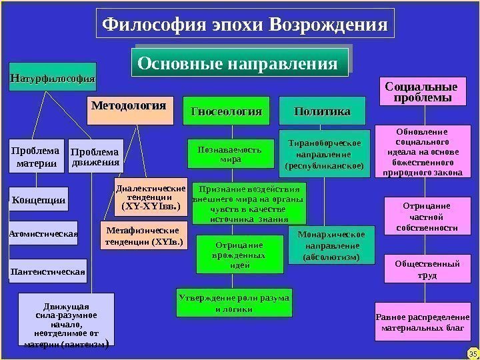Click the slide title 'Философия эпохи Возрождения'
coord(245,25)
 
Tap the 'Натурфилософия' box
coord(52,78)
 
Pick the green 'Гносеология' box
coord(226,111)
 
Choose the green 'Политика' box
coord(322,111)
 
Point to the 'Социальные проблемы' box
coord(421,92)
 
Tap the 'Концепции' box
coord(39,199)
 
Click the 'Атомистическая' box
coord(43,233)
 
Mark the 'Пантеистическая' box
coord(48,271)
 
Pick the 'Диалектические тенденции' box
coord(151,197)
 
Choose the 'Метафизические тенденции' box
coord(143,235)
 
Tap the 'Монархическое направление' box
coord(331,245)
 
